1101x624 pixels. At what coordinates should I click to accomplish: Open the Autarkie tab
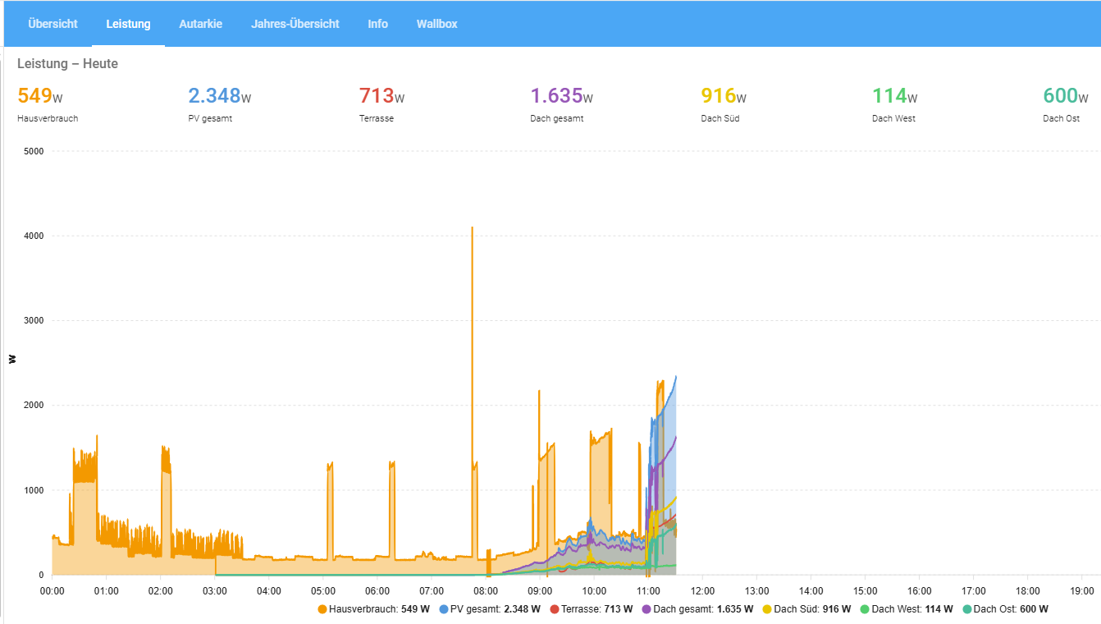200,24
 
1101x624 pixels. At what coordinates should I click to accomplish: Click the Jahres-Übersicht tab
295,24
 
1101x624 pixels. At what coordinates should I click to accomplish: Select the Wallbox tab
436,24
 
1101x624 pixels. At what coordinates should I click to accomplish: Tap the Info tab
377,24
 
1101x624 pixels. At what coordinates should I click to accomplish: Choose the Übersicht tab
53,24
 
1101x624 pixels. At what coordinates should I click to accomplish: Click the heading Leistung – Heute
67,64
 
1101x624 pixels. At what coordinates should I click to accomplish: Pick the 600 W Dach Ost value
1060,96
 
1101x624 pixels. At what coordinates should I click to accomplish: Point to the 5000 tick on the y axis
33,151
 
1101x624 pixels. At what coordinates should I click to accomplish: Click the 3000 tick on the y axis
33,321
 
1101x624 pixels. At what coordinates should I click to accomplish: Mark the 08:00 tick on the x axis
486,590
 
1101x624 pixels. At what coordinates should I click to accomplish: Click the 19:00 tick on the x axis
1081,590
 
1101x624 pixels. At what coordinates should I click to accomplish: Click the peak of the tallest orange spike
472,227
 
